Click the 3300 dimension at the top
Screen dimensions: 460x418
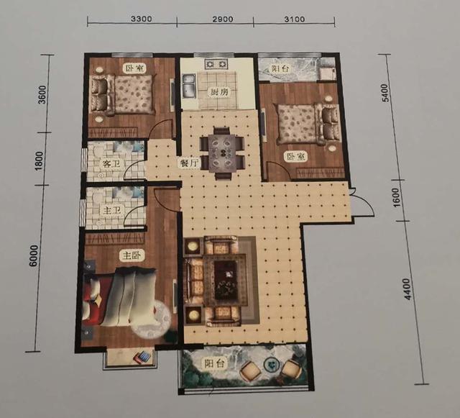(142, 19)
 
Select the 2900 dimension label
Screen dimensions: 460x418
(222, 19)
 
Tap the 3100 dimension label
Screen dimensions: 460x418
(295, 19)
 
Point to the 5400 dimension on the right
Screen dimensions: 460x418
(385, 93)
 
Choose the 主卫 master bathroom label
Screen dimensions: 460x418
(111, 210)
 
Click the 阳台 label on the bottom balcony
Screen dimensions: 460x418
(214, 363)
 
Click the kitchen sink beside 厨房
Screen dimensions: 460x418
(189, 86)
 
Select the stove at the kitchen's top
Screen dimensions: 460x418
(216, 64)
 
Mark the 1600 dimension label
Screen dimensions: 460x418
(396, 197)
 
